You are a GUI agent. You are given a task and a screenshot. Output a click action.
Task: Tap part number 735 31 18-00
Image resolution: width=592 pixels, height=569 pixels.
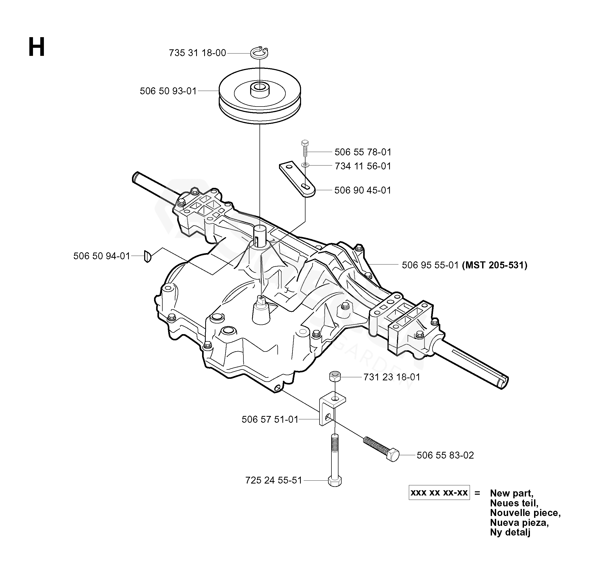[x=197, y=53]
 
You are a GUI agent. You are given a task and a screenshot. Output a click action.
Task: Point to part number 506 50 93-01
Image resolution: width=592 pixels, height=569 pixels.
[x=168, y=91]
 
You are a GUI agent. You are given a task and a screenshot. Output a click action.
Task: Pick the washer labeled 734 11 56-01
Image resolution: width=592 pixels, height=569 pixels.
[x=305, y=165]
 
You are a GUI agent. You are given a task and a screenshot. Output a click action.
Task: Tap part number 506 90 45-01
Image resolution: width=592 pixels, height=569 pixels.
[x=362, y=190]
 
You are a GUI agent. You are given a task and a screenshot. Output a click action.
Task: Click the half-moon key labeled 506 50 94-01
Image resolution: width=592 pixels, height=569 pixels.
[x=147, y=256]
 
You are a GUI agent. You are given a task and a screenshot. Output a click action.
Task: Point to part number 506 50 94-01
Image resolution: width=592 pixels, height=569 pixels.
[x=102, y=256]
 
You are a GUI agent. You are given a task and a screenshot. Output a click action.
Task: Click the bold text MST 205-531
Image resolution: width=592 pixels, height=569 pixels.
[x=495, y=265]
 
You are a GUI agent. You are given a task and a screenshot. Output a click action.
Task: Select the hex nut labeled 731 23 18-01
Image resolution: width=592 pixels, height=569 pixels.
[x=335, y=377]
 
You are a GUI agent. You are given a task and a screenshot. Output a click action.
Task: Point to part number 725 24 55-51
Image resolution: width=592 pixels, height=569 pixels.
[x=273, y=480]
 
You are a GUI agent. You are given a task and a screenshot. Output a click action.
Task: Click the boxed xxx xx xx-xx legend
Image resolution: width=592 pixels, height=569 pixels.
[x=439, y=493]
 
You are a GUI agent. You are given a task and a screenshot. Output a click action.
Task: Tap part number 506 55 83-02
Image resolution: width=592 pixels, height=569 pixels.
[x=445, y=455]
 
